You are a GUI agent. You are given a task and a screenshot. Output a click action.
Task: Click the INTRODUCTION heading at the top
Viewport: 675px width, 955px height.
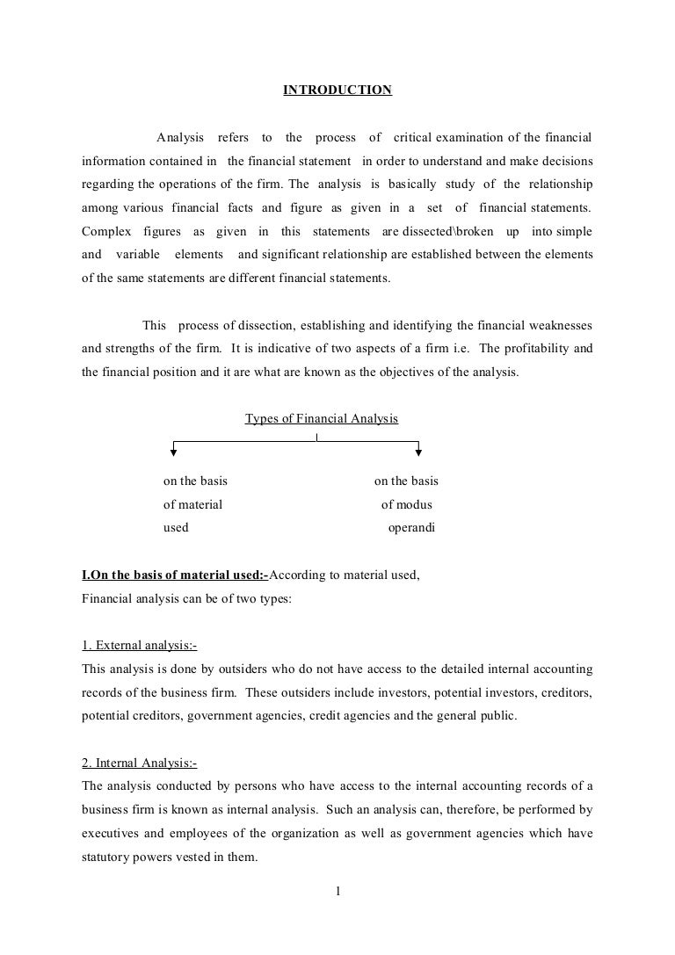337,90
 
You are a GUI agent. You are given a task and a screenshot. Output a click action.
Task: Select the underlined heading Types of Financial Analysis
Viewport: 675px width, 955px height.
321,419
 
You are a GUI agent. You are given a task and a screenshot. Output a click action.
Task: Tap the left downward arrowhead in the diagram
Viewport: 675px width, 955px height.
173,452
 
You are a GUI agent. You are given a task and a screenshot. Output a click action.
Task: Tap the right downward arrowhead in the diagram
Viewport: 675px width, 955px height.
418,452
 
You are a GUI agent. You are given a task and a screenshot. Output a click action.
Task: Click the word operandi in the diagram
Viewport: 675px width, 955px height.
411,528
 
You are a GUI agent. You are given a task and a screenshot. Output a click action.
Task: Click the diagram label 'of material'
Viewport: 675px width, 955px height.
192,504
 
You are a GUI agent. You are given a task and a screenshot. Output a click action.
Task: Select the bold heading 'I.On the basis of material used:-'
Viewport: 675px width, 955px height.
175,576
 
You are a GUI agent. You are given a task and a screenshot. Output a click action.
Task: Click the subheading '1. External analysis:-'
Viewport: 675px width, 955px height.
139,646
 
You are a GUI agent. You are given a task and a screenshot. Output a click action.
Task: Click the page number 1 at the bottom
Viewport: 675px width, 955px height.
337,894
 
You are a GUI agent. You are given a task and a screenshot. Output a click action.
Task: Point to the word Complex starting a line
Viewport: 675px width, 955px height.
105,231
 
